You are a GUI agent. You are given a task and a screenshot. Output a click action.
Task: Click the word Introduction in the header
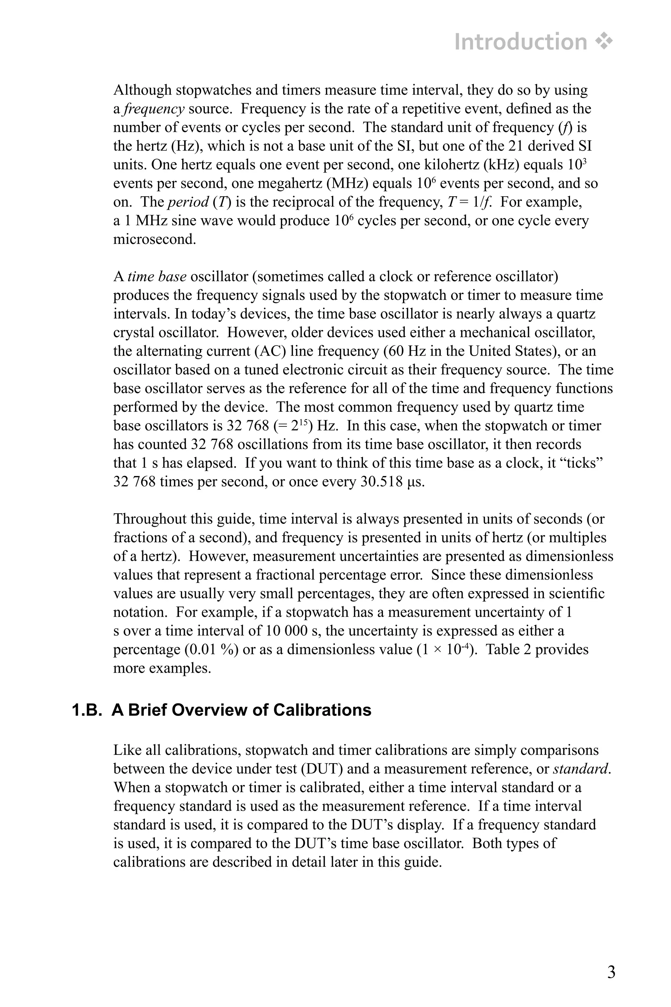point(520,42)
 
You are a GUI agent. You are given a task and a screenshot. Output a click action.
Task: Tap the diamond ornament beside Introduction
point(604,42)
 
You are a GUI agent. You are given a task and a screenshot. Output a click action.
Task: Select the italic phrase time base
point(157,277)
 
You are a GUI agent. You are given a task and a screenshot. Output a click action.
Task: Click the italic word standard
point(580,769)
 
